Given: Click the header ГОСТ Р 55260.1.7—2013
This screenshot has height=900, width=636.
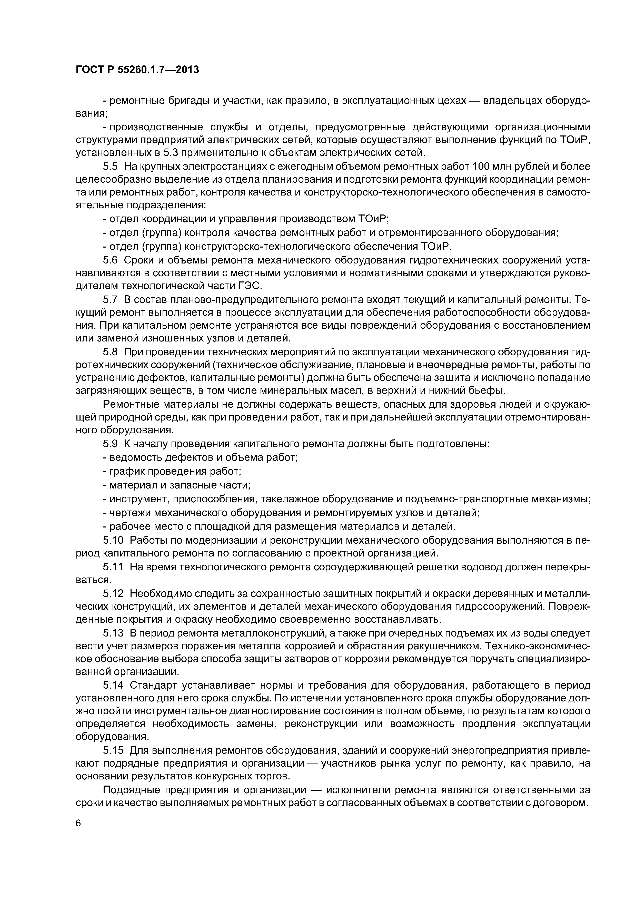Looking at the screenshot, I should coord(137,70).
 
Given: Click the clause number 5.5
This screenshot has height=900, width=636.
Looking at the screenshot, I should coord(110,167).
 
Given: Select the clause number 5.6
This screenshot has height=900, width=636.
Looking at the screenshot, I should coord(110,260).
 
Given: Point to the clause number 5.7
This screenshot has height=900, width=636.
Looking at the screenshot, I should coord(110,300).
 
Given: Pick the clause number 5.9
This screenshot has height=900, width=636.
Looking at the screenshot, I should coord(110,444).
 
